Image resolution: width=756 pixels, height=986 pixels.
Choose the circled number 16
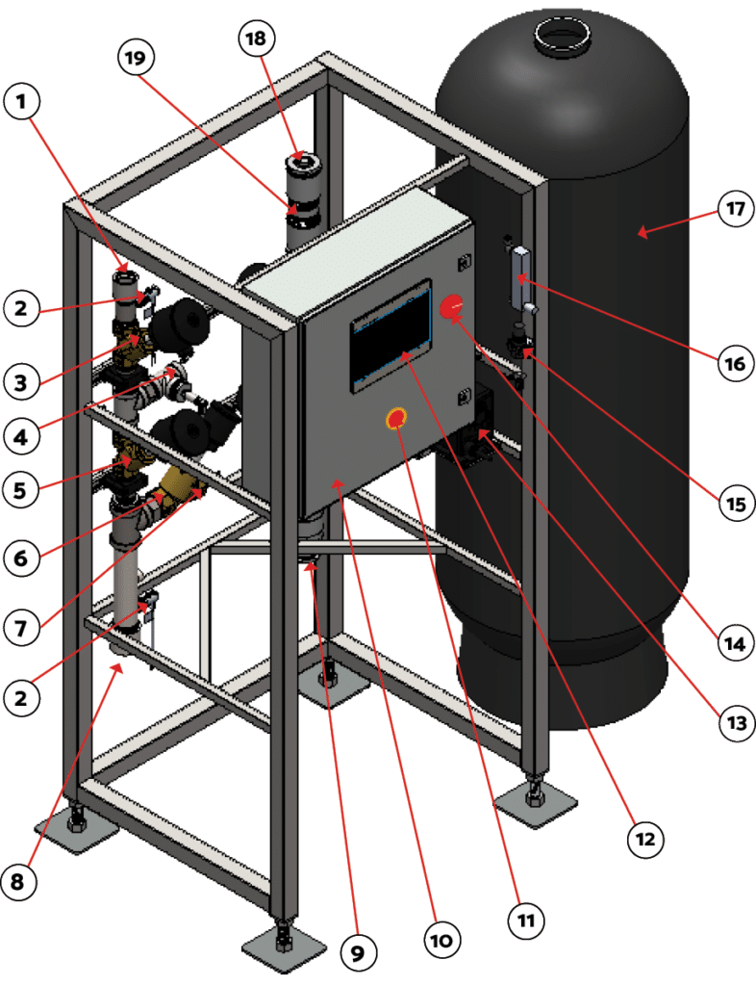coord(734,364)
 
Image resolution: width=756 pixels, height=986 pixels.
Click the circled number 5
coord(25,489)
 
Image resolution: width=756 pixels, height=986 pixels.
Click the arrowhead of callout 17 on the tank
coord(642,231)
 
